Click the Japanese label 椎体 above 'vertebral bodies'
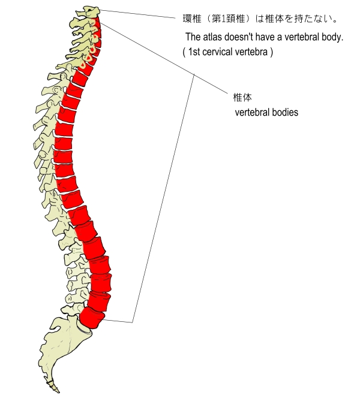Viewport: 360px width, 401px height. [x=242, y=97]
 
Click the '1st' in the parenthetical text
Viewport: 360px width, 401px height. [x=196, y=52]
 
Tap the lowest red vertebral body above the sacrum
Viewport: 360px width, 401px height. [x=92, y=318]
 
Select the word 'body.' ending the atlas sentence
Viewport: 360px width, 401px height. [x=332, y=38]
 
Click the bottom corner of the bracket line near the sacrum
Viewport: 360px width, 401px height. [x=133, y=322]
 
